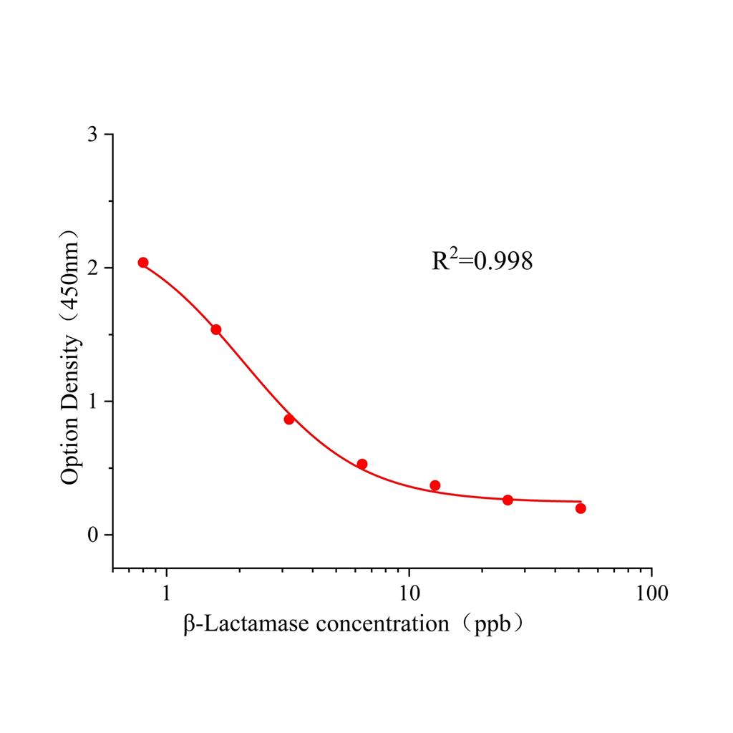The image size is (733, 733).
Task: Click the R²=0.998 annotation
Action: (x=482, y=261)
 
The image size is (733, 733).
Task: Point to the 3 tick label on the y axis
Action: (x=92, y=135)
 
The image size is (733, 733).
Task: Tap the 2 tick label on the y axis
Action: (x=92, y=268)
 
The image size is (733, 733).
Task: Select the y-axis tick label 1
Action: (x=92, y=402)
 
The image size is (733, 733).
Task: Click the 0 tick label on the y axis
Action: (x=92, y=535)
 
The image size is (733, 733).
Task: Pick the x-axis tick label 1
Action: (x=167, y=593)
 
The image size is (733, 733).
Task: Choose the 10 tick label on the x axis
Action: (x=409, y=593)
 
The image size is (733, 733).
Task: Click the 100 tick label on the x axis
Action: (x=651, y=593)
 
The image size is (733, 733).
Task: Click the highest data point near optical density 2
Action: (x=143, y=263)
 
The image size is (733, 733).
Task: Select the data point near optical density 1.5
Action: (x=216, y=329)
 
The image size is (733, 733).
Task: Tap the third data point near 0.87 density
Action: (x=289, y=419)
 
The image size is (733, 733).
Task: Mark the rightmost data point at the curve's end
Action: (x=581, y=508)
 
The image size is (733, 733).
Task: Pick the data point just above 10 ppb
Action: (x=435, y=485)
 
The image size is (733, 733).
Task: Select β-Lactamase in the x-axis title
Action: (x=246, y=624)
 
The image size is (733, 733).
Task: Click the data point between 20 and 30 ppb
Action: (x=508, y=500)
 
